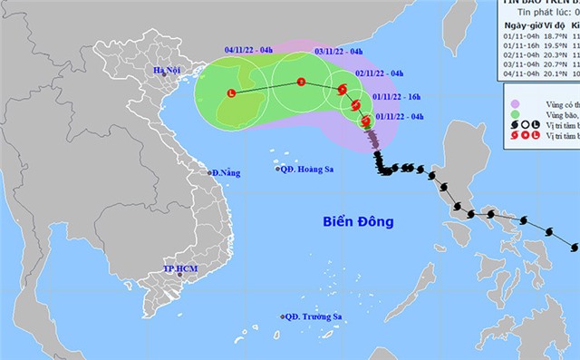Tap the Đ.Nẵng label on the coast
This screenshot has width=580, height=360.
point(223,172)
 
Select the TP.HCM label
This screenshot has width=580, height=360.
point(181,269)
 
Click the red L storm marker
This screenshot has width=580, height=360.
point(231,92)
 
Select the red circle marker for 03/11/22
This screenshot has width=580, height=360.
point(301,82)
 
